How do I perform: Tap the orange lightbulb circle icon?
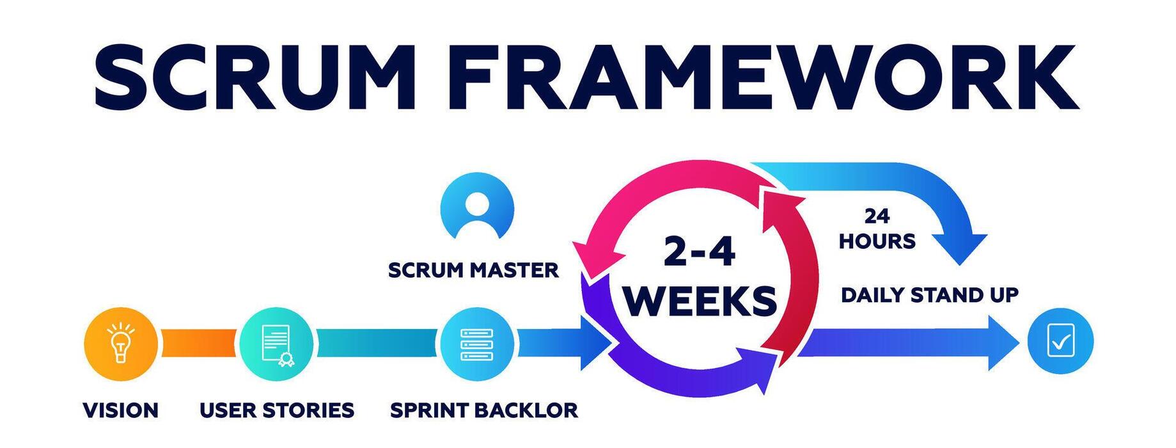(x=120, y=344)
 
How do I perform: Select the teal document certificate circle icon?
(x=277, y=344)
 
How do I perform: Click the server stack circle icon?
(x=476, y=344)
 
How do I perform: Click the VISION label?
(x=120, y=410)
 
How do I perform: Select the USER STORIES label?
(x=276, y=410)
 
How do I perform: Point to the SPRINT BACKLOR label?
(x=483, y=410)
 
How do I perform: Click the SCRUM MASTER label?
(x=473, y=270)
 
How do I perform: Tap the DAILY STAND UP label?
(x=929, y=295)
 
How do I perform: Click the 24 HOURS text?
(x=877, y=229)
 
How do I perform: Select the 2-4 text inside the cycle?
(x=699, y=251)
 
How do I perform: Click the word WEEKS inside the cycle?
(x=700, y=300)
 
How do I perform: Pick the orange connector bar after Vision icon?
(x=198, y=343)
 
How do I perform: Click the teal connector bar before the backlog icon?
(x=376, y=343)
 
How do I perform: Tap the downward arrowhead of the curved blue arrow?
(x=959, y=248)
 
